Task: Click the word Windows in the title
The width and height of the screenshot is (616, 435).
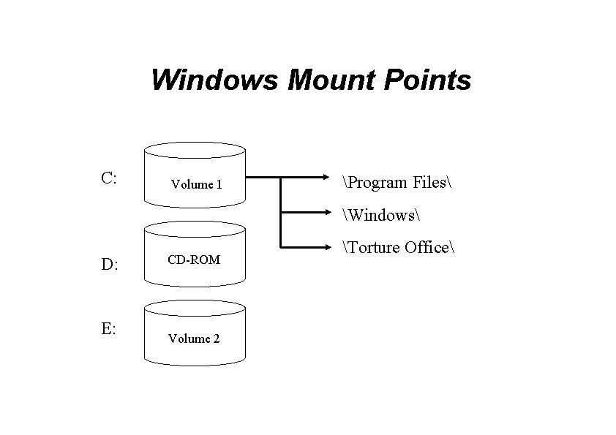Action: tap(215, 80)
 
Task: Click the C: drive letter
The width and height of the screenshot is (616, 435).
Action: tap(110, 178)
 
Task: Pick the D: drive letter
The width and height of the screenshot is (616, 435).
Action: tap(110, 265)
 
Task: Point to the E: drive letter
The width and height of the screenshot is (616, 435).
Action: tap(108, 329)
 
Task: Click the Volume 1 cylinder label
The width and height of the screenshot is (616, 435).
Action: tap(196, 185)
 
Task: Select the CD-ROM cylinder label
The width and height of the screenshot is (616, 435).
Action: tap(195, 260)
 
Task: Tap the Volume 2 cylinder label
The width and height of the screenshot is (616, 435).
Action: tap(194, 338)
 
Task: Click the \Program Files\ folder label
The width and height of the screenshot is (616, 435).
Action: tap(395, 182)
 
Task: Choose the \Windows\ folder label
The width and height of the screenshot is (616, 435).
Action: tap(380, 215)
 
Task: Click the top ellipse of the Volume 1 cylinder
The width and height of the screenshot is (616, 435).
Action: tap(195, 150)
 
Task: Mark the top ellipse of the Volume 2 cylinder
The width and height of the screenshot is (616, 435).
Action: tap(195, 306)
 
